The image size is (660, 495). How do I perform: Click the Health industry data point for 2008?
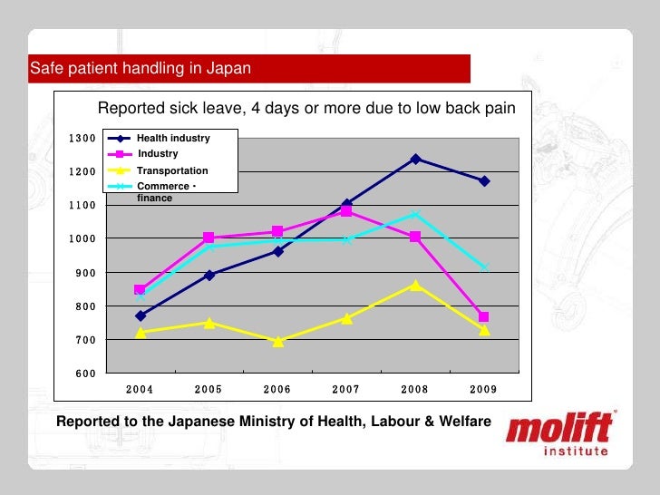point(415,159)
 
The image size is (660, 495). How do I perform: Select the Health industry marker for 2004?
point(140,316)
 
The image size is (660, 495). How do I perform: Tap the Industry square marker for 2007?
point(346,211)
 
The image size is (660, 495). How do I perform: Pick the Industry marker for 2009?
point(484,317)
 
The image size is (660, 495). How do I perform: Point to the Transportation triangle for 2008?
point(415,285)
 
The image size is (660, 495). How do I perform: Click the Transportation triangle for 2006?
point(277,341)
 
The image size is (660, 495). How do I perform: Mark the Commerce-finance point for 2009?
point(484,267)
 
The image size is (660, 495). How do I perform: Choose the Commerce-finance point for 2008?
point(415,214)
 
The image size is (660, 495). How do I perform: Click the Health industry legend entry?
point(172,138)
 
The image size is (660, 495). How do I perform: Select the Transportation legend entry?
point(172,170)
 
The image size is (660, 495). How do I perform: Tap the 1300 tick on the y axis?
point(81,138)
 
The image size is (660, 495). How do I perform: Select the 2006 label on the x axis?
point(277,389)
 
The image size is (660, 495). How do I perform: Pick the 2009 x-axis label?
point(484,389)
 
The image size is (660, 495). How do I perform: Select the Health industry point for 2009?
point(484,181)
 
